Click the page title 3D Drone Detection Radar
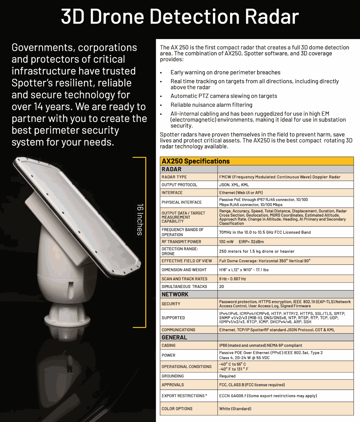[180, 17]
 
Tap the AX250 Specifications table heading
[195, 161]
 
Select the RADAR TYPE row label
[174, 177]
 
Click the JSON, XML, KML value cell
[234, 185]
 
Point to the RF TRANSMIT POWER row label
[181, 241]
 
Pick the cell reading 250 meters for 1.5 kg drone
[256, 251]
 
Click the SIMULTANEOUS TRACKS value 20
[221, 287]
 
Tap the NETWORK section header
[175, 294]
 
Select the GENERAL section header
[174, 337]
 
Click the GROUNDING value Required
[227, 376]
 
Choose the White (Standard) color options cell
[235, 409]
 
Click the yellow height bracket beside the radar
[145, 242]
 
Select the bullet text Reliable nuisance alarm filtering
[211, 105]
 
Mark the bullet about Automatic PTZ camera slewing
[223, 96]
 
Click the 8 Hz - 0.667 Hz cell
[232, 279]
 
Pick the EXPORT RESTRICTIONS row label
[184, 396]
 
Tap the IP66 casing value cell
[260, 345]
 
